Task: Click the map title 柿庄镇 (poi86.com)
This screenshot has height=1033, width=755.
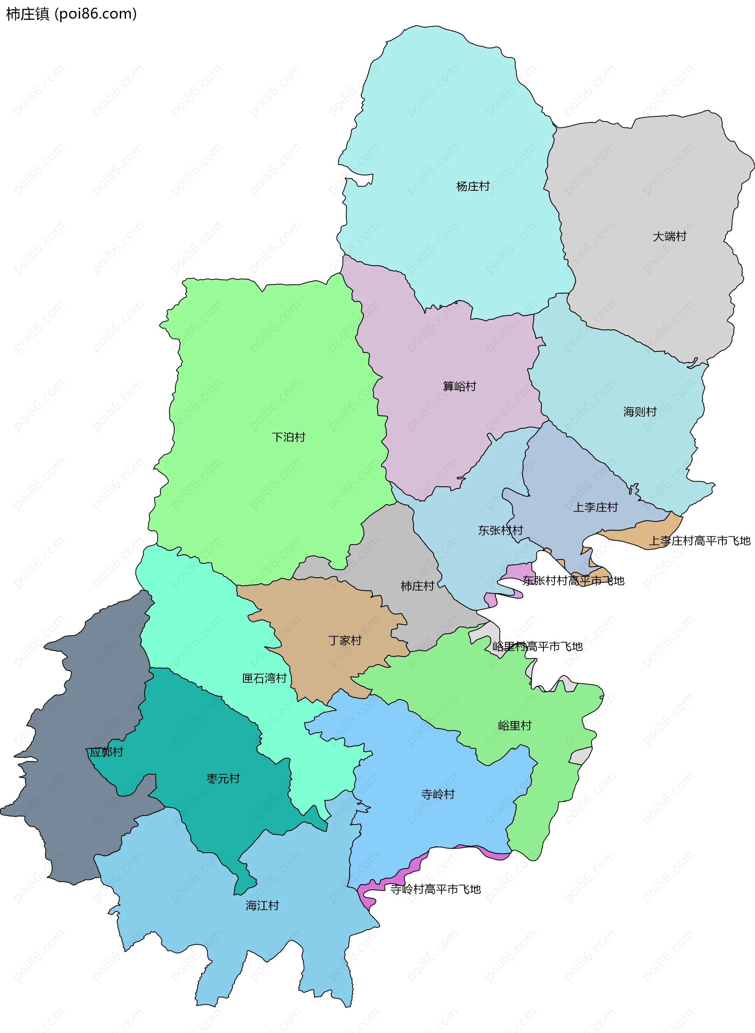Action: [x=71, y=14]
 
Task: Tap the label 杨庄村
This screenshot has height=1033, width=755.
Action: [x=473, y=186]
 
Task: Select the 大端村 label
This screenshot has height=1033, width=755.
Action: [x=670, y=236]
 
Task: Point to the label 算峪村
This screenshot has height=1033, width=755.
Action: [x=459, y=386]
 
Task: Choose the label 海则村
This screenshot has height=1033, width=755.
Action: [x=640, y=412]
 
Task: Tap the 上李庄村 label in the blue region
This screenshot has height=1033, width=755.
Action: [x=595, y=507]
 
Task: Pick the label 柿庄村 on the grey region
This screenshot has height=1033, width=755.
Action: [x=417, y=586]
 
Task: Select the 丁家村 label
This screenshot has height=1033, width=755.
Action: [x=344, y=641]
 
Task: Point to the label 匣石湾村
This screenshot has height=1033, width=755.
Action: [x=264, y=678]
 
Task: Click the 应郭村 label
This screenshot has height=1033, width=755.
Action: [x=106, y=752]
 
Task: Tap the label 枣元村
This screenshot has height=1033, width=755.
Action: [x=223, y=779]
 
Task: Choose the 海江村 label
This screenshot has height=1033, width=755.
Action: [x=262, y=906]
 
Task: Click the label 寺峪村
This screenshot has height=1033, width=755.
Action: [x=438, y=794]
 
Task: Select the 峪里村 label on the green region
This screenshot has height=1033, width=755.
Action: [x=515, y=726]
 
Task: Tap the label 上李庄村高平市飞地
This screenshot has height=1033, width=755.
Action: [x=700, y=541]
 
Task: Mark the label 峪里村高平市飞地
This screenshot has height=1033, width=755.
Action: [x=538, y=646]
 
